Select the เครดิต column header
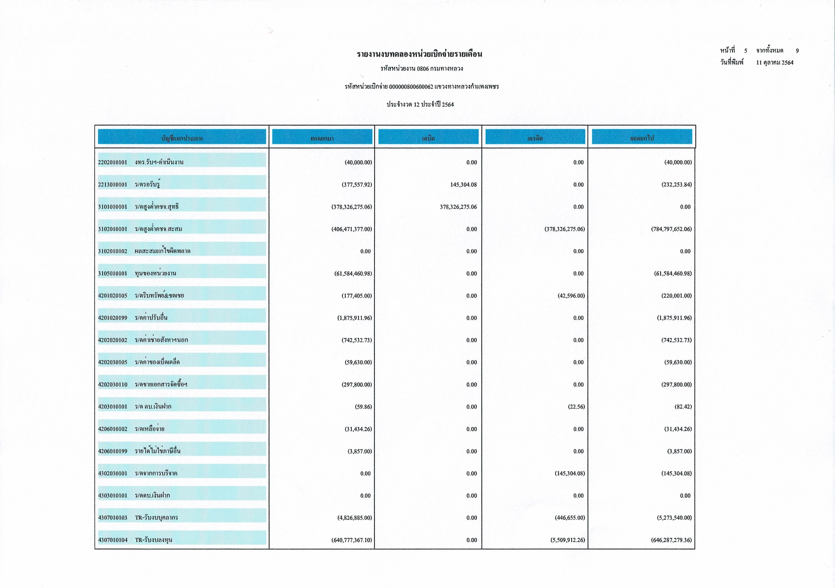pos(535,138)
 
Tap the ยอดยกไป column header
pos(642,138)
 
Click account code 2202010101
pos(112,162)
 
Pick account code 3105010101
pos(112,274)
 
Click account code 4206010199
pos(112,451)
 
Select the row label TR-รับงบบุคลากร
pos(156,518)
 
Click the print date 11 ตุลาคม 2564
pos(775,62)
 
